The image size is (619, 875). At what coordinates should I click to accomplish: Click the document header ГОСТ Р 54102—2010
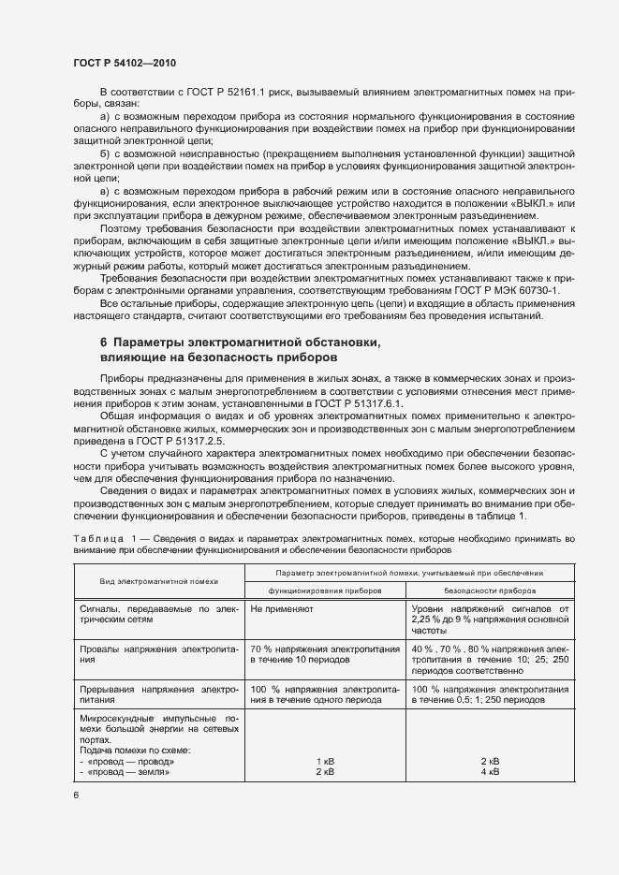[x=125, y=63]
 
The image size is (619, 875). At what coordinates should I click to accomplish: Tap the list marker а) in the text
[x=105, y=116]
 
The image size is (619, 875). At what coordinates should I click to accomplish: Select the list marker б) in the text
[x=105, y=153]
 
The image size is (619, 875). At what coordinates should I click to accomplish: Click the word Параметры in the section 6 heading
[x=155, y=343]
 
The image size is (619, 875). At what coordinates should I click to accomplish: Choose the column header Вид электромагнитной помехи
[x=158, y=581]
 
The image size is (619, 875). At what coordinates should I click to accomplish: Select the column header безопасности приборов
[x=490, y=591]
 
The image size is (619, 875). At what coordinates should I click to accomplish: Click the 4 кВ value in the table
[x=489, y=772]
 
